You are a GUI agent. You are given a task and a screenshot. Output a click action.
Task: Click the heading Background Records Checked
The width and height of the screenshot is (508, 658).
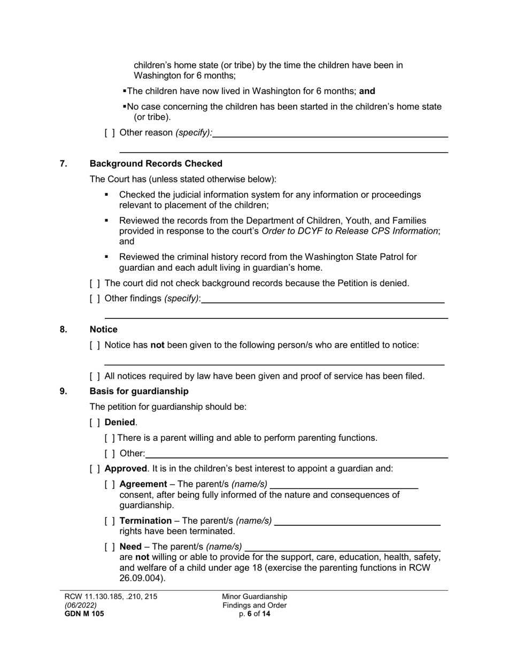click(156, 164)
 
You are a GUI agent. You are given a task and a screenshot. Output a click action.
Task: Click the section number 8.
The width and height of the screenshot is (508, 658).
click(64, 330)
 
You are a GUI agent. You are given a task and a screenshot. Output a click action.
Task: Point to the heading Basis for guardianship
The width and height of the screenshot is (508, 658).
click(138, 392)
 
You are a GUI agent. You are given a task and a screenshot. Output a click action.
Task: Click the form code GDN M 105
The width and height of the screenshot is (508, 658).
click(84, 614)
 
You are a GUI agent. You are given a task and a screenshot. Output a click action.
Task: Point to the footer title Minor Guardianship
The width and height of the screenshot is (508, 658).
click(255, 596)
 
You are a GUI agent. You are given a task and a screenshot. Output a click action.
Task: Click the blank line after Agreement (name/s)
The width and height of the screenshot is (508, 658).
click(344, 485)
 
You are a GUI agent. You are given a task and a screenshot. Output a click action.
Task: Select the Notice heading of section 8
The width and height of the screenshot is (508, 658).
click(103, 330)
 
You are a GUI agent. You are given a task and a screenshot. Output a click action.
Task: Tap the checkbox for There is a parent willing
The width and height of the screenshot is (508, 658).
click(110, 438)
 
